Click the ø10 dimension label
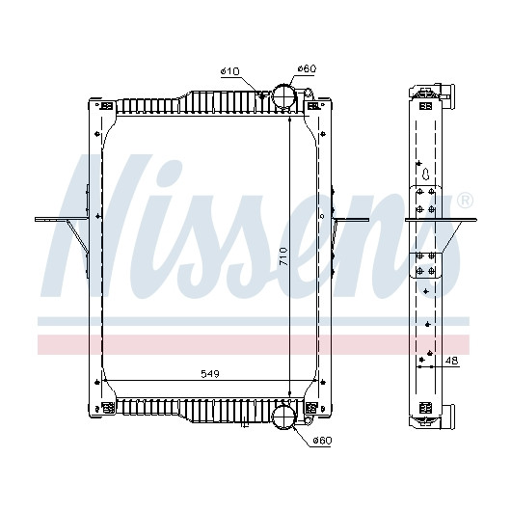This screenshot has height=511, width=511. tap(230, 71)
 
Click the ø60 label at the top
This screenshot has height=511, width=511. tap(307, 68)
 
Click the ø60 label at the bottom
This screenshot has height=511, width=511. tap(322, 441)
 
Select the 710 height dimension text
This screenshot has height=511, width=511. tap(283, 256)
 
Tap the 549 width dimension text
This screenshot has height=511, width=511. tap(210, 374)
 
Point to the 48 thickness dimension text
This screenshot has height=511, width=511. tap(451, 361)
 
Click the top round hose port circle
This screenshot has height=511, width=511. tap(283, 95)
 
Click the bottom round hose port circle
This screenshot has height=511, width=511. tap(283, 417)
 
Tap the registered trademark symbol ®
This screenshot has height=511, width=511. tap(465, 202)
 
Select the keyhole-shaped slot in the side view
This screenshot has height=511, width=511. tap(426, 174)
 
